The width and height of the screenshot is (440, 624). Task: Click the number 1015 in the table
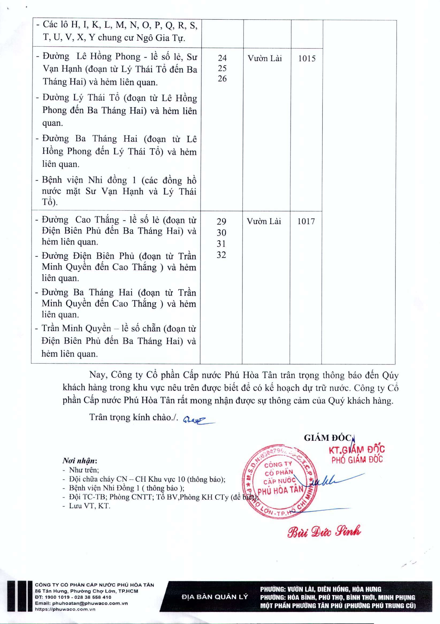click(307, 58)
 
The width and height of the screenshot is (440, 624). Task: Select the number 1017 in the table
click(306, 221)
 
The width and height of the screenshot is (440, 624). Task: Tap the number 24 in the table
click(222, 58)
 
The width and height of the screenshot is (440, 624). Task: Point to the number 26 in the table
click(222, 79)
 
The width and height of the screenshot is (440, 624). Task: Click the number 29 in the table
click(221, 221)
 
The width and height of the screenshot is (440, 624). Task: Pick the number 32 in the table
click(221, 255)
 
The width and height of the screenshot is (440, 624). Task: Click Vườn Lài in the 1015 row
click(265, 58)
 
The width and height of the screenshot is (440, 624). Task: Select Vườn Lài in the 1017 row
click(264, 221)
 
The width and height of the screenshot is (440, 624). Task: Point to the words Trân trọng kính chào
click(133, 417)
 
